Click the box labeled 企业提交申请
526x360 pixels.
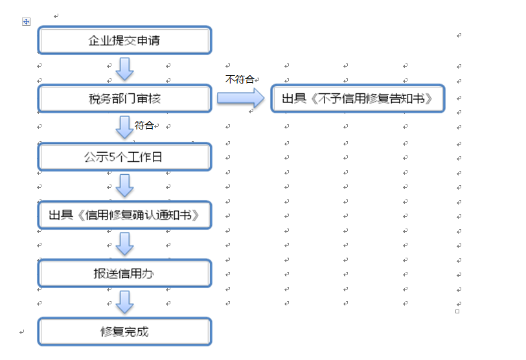(x=124, y=40)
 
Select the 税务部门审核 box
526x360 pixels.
(x=124, y=98)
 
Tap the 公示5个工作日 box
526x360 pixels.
(x=124, y=157)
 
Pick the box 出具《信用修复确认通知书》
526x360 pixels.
(x=124, y=215)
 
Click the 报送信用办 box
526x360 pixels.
(x=124, y=273)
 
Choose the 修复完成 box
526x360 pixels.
(x=124, y=332)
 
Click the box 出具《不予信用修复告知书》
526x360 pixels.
(x=358, y=98)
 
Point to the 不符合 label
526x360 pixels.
(x=240, y=79)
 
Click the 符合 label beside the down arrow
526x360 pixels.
(x=144, y=125)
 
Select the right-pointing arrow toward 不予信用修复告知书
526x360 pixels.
(x=241, y=98)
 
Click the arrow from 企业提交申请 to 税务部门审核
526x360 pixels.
(x=125, y=69)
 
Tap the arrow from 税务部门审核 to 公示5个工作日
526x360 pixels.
(x=125, y=128)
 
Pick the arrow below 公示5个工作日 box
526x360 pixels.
(x=125, y=185)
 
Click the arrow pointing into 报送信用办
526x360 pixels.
(x=125, y=243)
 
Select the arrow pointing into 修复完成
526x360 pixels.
(x=125, y=302)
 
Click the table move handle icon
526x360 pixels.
(x=26, y=22)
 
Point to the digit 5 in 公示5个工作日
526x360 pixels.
(x=112, y=157)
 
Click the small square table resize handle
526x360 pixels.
(x=457, y=311)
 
